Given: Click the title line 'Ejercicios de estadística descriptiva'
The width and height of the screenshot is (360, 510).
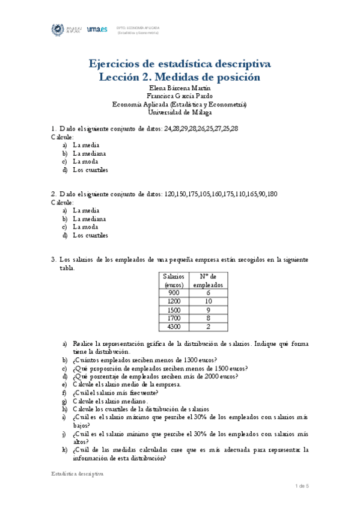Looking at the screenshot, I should [x=180, y=64].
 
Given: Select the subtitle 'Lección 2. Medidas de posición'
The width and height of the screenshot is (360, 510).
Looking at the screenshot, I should [x=180, y=77].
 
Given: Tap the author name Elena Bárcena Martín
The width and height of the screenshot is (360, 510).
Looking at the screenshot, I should [x=180, y=88].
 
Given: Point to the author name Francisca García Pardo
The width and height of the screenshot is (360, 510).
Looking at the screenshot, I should [x=180, y=96].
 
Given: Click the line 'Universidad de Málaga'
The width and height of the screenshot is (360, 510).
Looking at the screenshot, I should [x=180, y=111].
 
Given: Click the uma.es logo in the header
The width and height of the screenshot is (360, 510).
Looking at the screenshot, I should [x=97, y=29].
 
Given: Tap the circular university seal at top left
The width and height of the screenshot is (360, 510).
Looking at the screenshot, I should [x=58, y=29].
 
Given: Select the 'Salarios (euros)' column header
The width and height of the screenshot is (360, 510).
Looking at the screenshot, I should [x=173, y=280].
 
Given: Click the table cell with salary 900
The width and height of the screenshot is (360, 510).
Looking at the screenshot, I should [x=173, y=292].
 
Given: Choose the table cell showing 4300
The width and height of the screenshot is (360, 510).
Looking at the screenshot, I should [x=173, y=327].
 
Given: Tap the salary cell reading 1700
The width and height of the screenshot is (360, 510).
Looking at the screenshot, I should [x=173, y=318].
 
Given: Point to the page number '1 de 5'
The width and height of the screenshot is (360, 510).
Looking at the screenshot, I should [x=302, y=485].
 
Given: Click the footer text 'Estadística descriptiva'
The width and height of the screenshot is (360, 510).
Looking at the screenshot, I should [x=77, y=474].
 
